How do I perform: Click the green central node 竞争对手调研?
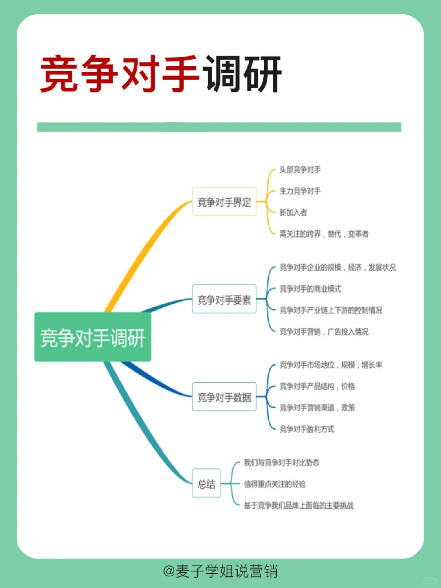tap(93, 337)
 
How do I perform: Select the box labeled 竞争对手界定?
tap(224, 201)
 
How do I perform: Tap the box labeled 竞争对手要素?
tap(224, 300)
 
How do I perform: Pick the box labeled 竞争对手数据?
tap(224, 397)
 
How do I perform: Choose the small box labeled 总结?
tap(207, 484)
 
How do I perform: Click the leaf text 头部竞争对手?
tap(300, 170)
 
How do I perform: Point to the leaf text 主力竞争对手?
tap(300, 191)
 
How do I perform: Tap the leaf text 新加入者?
tap(293, 212)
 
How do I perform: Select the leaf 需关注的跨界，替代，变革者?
tap(324, 234)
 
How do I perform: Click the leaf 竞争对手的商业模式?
tap(310, 289)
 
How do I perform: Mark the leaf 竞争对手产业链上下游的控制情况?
tap(331, 310)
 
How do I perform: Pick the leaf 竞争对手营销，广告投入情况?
tap(324, 332)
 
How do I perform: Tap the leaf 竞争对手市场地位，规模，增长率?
tap(331, 365)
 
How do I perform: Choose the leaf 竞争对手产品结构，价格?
tap(317, 386)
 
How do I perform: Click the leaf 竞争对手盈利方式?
tap(307, 429)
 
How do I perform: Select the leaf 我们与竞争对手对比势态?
tap(282, 463)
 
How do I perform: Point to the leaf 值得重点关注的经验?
tap(275, 484)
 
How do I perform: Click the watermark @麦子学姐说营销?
tap(220, 571)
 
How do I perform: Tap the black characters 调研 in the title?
tap(243, 74)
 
